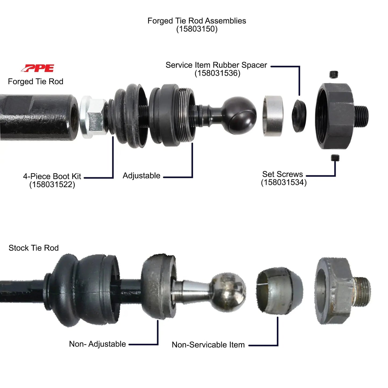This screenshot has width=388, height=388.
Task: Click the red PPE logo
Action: (x=38, y=68)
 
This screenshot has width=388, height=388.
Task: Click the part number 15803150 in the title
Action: (x=197, y=29)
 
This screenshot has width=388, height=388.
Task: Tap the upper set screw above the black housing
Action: (x=334, y=74)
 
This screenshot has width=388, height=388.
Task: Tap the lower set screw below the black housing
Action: (x=335, y=158)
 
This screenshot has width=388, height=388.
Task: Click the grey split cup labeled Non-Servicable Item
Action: (x=279, y=291)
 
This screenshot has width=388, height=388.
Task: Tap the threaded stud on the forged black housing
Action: (x=361, y=114)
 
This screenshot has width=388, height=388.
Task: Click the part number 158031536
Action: (x=217, y=73)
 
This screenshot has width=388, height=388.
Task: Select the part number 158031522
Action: (x=52, y=185)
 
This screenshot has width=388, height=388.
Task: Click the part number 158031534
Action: (x=284, y=183)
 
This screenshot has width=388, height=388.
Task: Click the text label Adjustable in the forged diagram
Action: (x=142, y=176)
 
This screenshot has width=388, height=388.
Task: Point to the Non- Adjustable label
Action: (x=97, y=344)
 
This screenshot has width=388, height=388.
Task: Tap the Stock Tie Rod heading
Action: (x=34, y=248)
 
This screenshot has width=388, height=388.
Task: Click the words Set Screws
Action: (x=282, y=174)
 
